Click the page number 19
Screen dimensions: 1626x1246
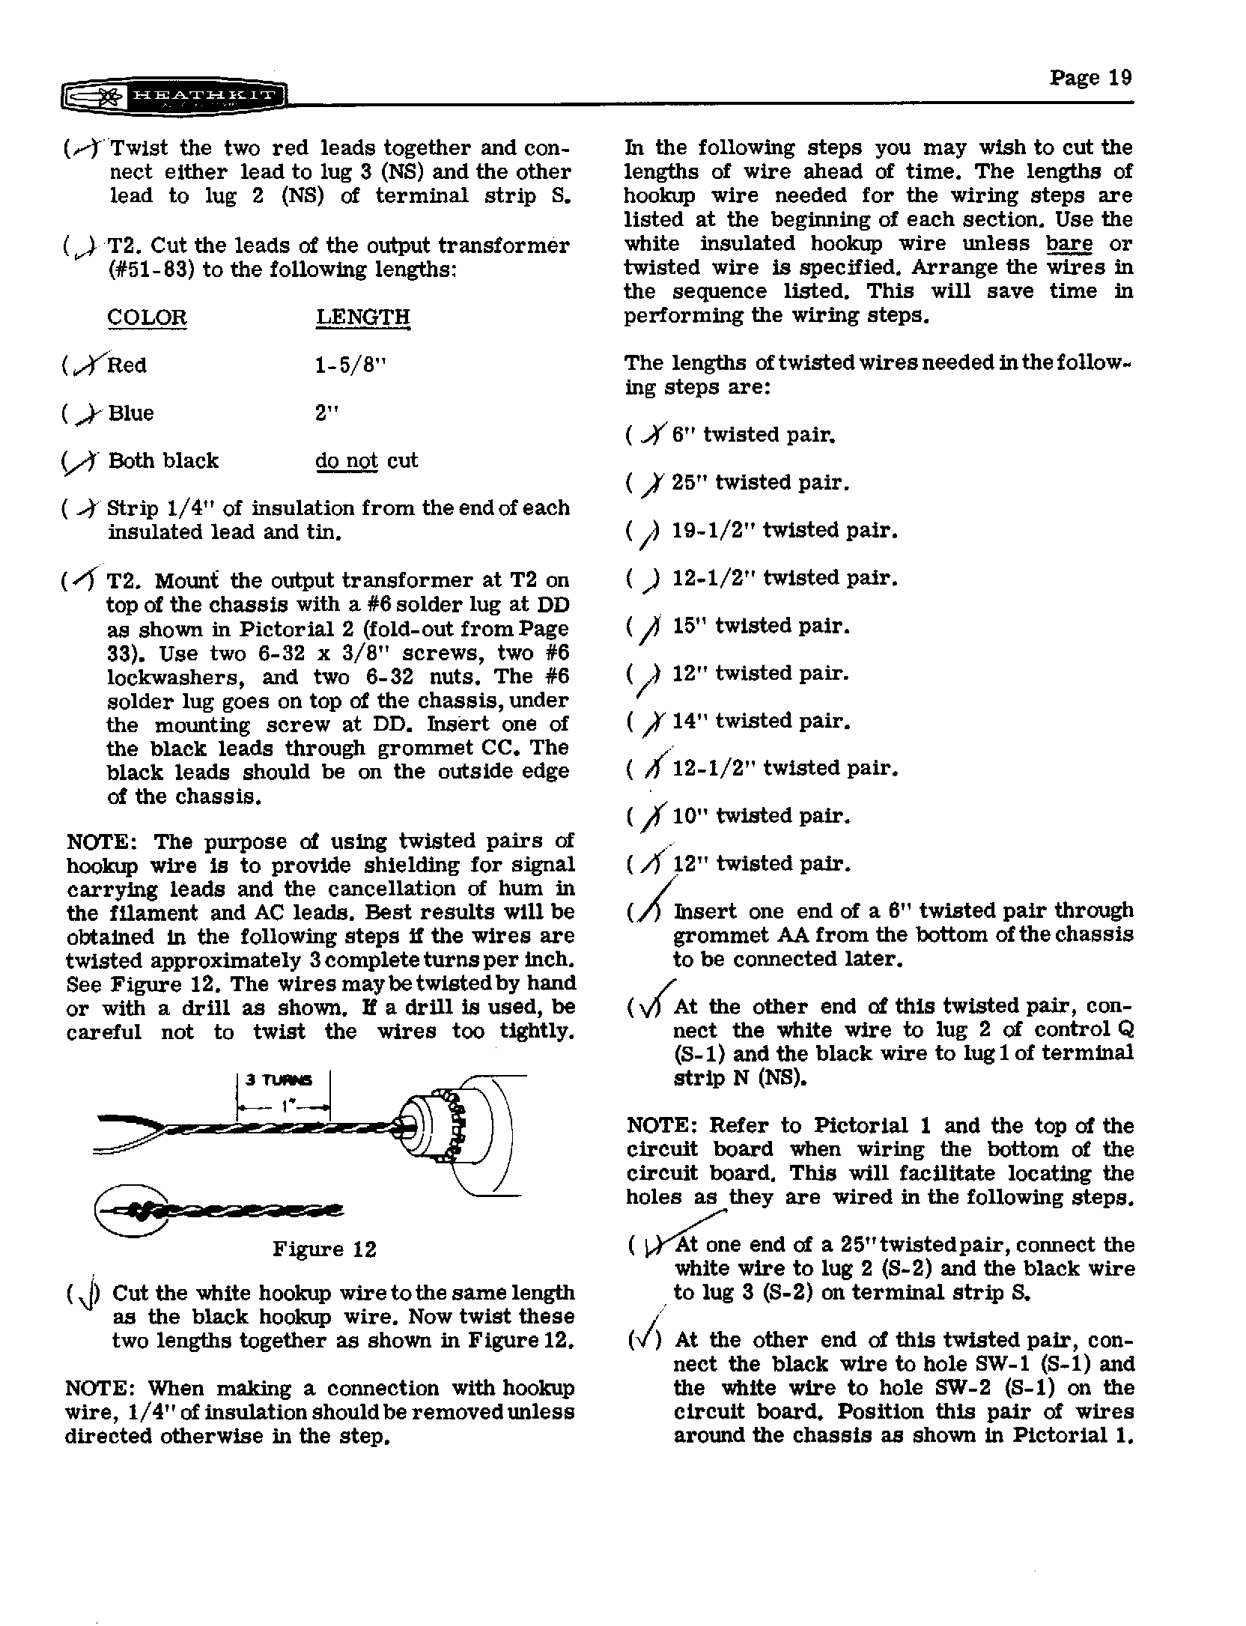[x=1090, y=78]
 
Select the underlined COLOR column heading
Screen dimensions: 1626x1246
[x=147, y=317]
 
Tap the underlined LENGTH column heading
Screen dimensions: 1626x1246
[x=362, y=317]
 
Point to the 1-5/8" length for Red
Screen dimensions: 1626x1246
[x=351, y=365]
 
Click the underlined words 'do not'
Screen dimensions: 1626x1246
[x=346, y=460]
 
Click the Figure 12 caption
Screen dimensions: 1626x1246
[x=323, y=1249]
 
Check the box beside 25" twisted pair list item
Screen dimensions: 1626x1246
[x=648, y=484]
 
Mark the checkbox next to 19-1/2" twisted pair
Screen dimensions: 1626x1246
[x=648, y=532]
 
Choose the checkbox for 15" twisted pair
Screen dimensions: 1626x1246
[x=648, y=627]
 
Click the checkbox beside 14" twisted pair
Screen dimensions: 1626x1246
[x=648, y=722]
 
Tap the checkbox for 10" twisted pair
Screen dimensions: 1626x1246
[x=648, y=817]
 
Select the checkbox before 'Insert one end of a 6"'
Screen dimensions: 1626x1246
[x=648, y=913]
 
